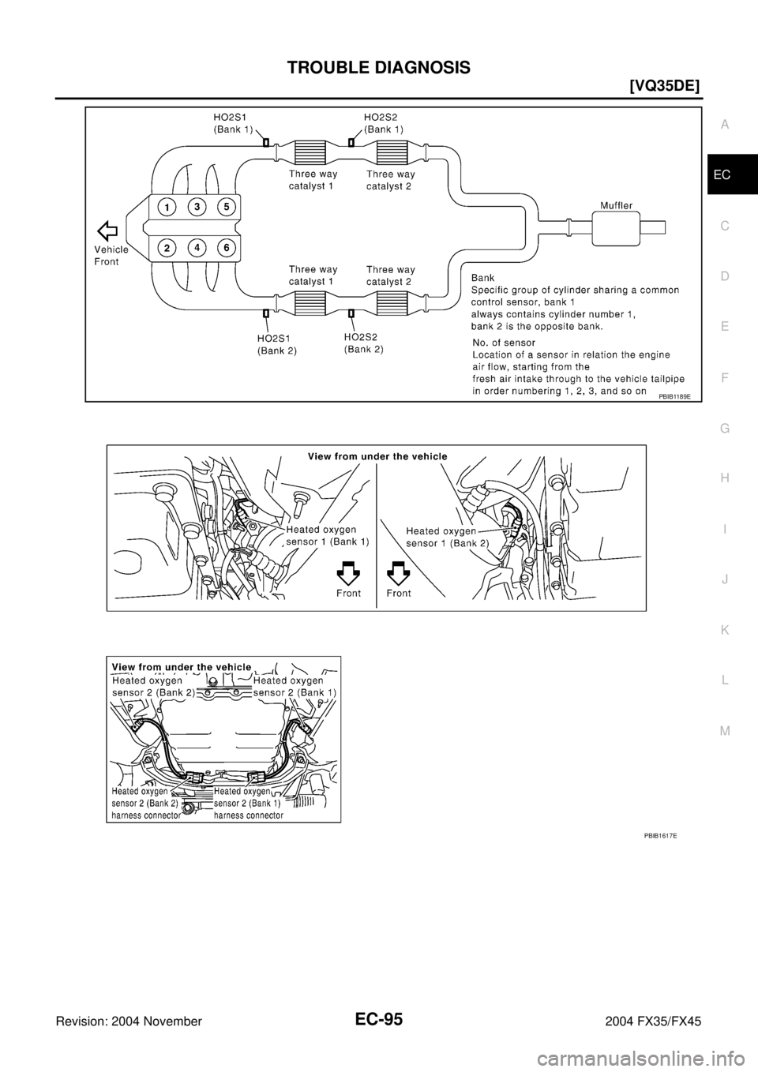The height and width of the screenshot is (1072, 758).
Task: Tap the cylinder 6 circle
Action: [x=226, y=247]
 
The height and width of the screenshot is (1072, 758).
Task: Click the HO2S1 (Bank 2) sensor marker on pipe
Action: [x=266, y=314]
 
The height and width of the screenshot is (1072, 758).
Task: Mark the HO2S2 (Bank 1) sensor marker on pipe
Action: [x=351, y=142]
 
